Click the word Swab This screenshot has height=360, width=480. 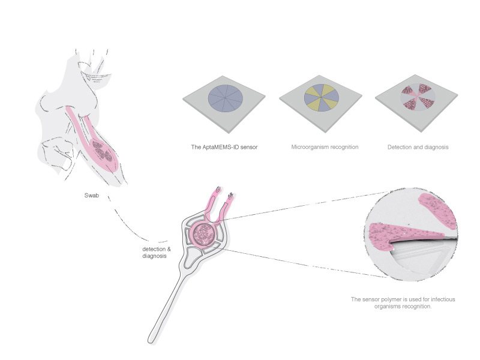click(x=92, y=196)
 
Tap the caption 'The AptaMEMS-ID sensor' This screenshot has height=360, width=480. click(x=224, y=147)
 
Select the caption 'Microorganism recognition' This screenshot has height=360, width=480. click(x=325, y=147)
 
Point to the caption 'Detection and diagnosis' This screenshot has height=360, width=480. click(x=418, y=147)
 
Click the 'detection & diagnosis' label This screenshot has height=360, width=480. click(x=157, y=253)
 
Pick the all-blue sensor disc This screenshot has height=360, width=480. click(x=226, y=98)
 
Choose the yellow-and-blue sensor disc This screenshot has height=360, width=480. click(x=322, y=98)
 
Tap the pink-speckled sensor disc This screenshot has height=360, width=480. click(x=418, y=97)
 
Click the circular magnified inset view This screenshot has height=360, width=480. click(x=411, y=235)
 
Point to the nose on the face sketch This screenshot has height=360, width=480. click(x=46, y=104)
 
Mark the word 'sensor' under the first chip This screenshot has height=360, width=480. click(x=249, y=147)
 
